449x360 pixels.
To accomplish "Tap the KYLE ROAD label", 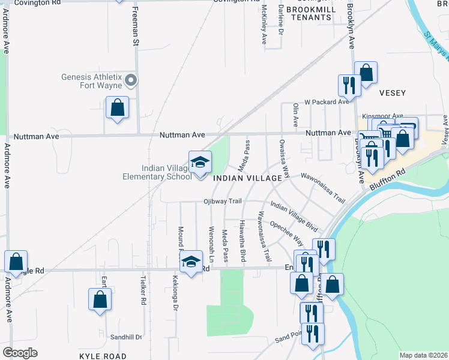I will click(x=103, y=356).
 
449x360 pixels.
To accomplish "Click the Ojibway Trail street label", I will click(x=223, y=201).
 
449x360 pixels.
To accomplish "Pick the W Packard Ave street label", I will click(x=327, y=102).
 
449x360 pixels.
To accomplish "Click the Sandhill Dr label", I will click(x=127, y=337).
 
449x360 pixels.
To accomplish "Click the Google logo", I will click(x=20, y=353).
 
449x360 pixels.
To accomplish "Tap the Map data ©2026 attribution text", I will click(x=423, y=355).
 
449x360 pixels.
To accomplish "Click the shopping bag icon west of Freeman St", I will click(x=118, y=108).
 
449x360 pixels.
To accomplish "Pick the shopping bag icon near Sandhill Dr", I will click(x=100, y=299).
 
